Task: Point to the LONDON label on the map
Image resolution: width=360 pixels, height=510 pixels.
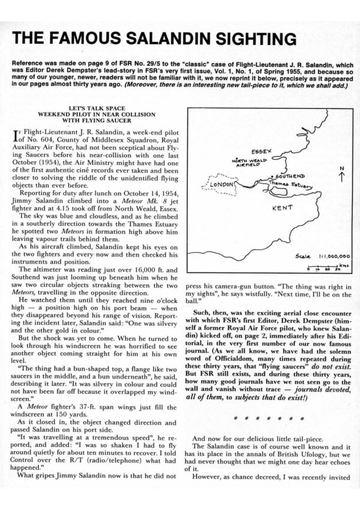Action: (x=221, y=185)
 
